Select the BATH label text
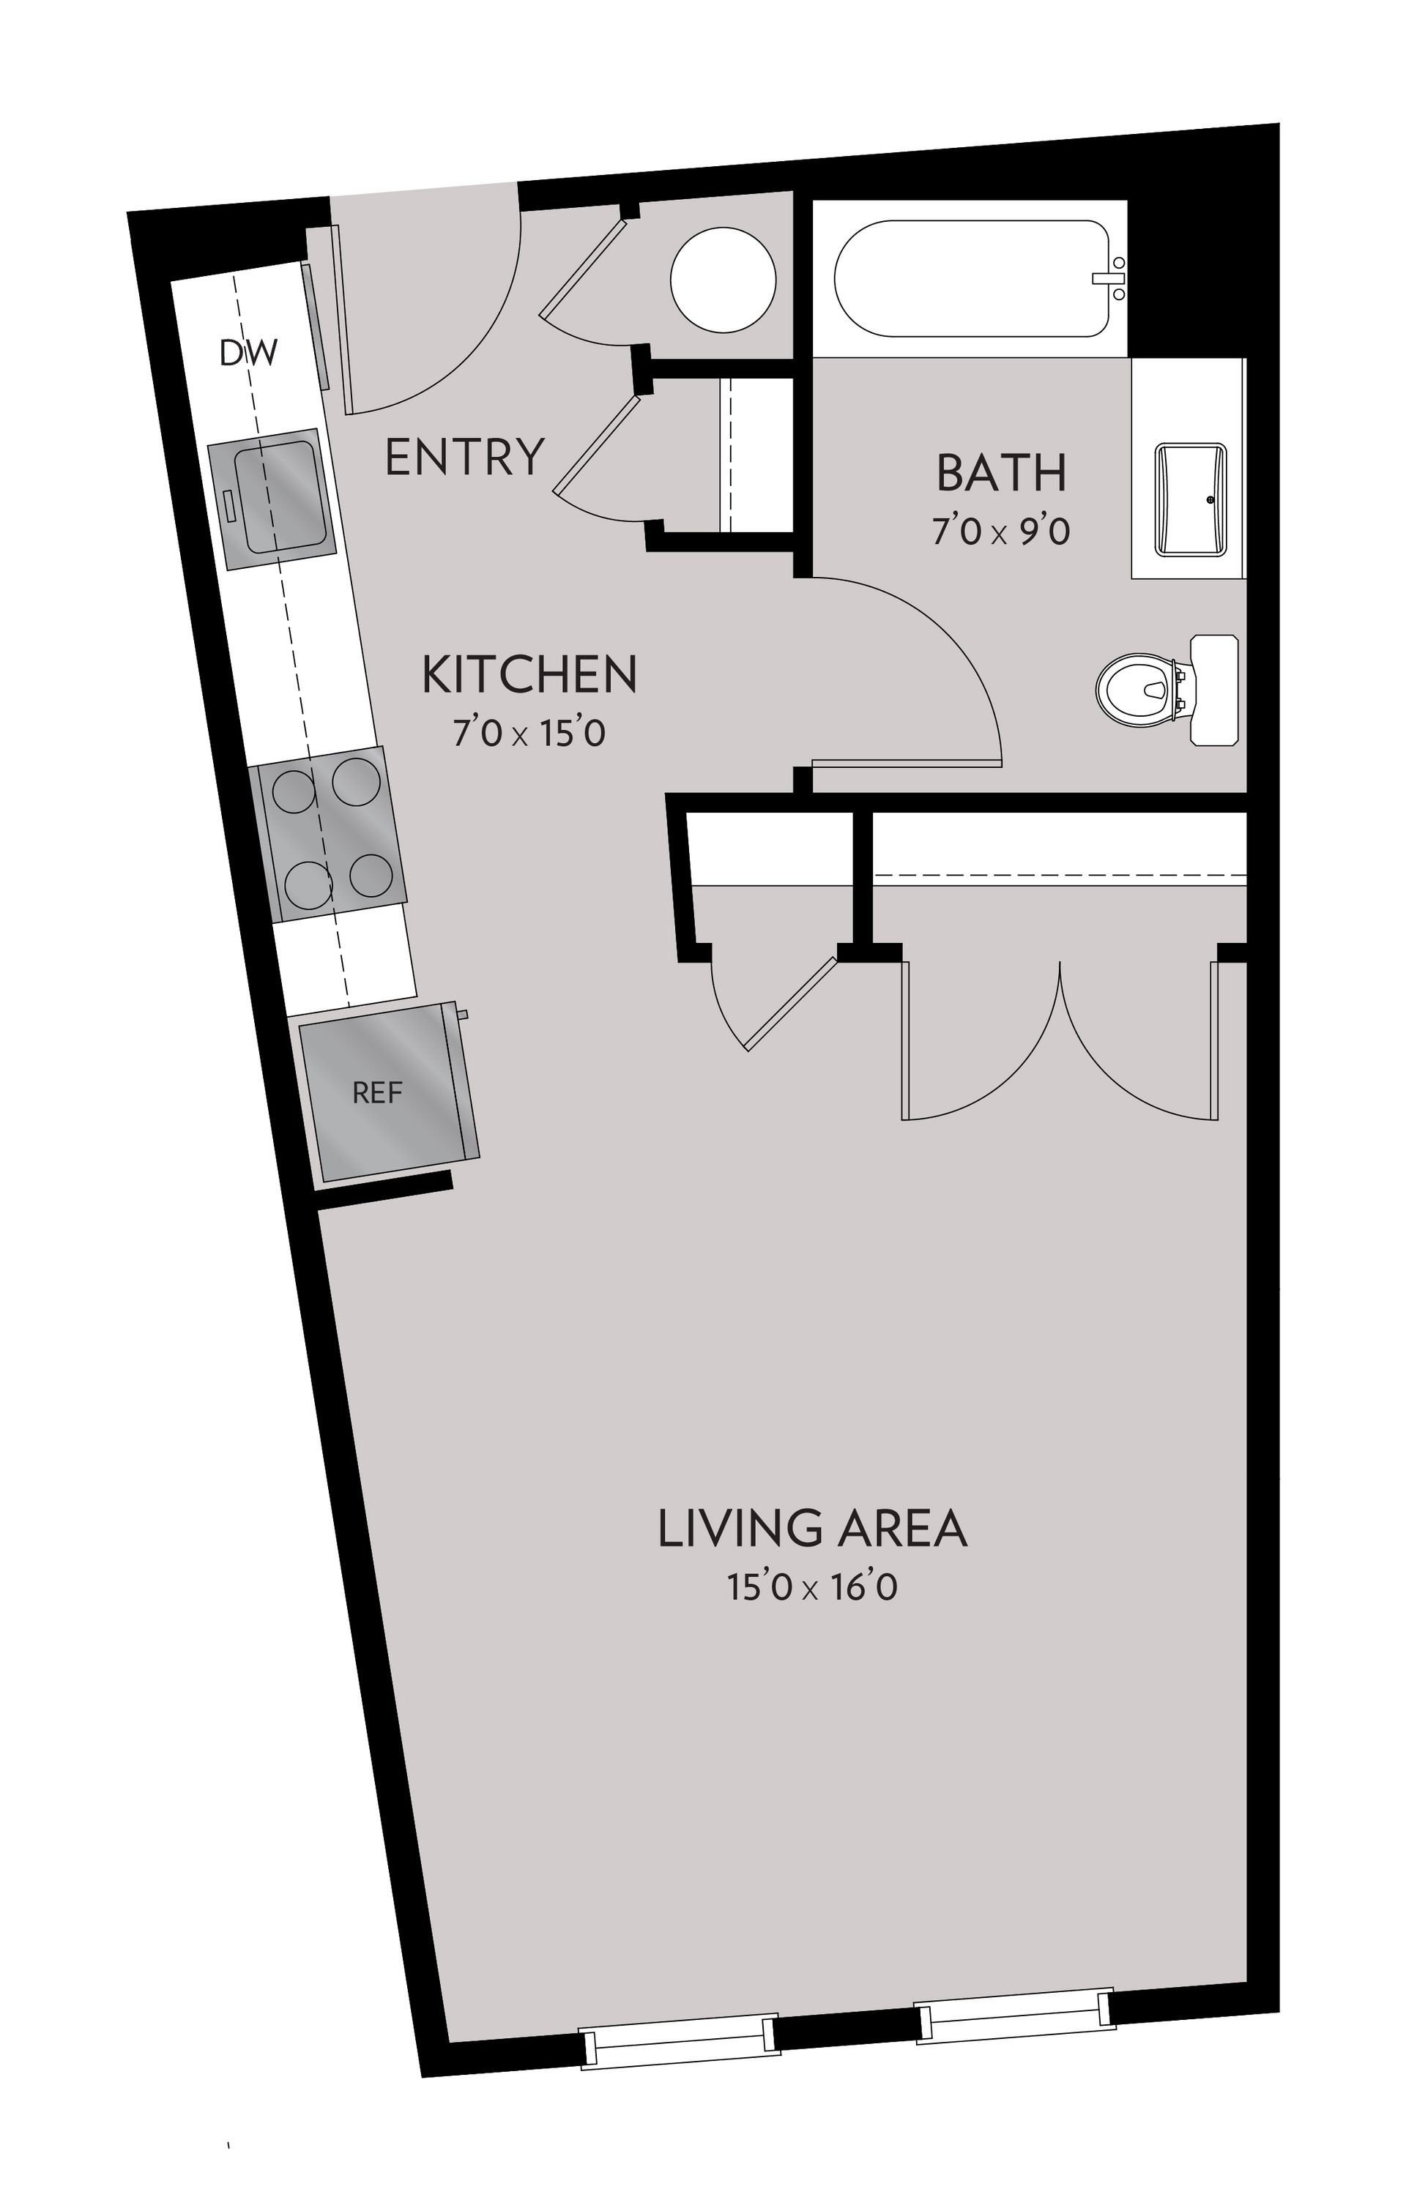(x=1001, y=472)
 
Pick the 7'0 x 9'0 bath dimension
(x=1000, y=531)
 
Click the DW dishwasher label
(x=248, y=353)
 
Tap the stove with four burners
(x=332, y=832)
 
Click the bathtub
(x=970, y=279)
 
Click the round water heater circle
(x=723, y=279)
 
